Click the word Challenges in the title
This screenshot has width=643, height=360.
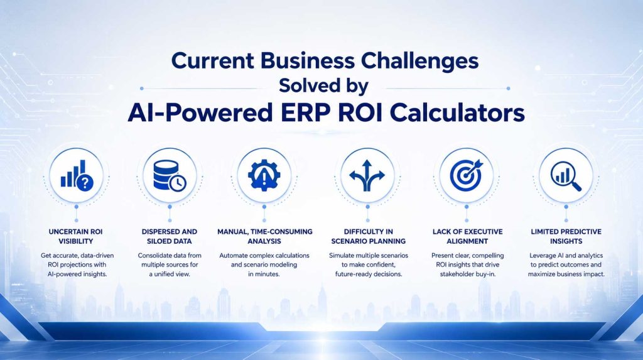(x=419, y=61)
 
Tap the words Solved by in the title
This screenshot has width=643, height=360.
(x=323, y=86)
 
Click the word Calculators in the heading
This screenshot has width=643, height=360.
(x=457, y=112)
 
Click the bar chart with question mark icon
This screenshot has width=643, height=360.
(x=77, y=175)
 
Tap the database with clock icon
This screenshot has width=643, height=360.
(x=170, y=175)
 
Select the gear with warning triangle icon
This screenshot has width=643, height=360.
(x=264, y=175)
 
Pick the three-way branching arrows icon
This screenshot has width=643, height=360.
(x=367, y=175)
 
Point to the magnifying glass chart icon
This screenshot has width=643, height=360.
(x=566, y=176)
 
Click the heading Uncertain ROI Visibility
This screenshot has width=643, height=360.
(x=76, y=236)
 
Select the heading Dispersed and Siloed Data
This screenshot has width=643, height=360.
(x=170, y=236)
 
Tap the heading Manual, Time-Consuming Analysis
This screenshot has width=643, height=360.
(x=264, y=236)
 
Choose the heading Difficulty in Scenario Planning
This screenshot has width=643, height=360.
(x=368, y=236)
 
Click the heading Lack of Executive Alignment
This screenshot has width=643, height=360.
(x=467, y=236)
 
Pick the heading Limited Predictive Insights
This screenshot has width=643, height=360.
(x=566, y=236)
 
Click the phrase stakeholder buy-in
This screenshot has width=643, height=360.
(x=468, y=274)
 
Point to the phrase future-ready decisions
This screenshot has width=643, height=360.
(x=368, y=274)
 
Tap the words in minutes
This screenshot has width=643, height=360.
(x=264, y=274)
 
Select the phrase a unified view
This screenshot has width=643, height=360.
(x=170, y=274)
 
